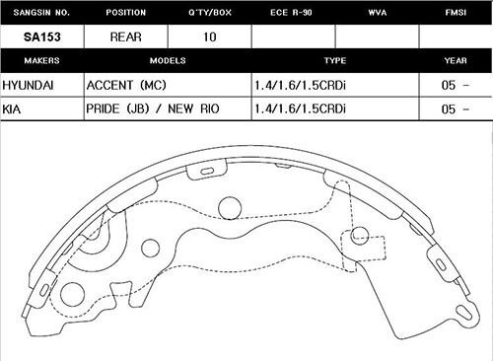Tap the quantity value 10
pos(209,36)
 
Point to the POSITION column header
pos(124,13)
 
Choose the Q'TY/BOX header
pos(209,13)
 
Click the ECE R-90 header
pos(293,13)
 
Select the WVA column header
pos(376,13)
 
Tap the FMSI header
pos(455,13)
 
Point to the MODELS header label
pos(167,59)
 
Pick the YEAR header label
pos(455,59)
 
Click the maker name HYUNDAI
pos(29,84)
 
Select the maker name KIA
pos(15,108)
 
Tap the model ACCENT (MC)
pos(128,84)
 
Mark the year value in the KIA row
pos(455,108)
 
